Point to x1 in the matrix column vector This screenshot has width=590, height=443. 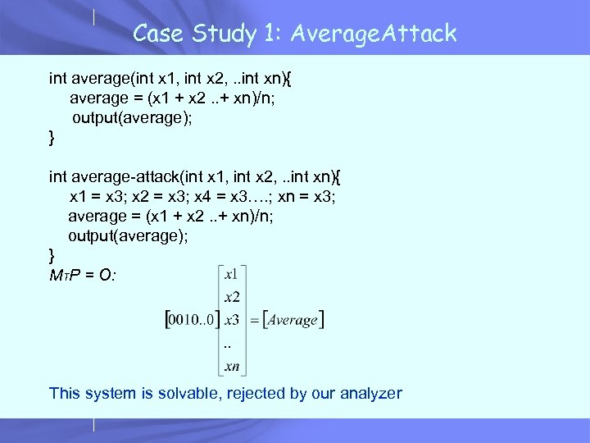click(232, 274)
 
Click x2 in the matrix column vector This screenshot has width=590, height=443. click(232, 297)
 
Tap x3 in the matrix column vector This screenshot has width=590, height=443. click(232, 319)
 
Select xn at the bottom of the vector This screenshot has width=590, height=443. click(232, 365)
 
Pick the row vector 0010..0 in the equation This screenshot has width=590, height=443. click(192, 319)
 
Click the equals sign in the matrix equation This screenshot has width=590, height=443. click(254, 319)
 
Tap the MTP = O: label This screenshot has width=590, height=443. click(82, 275)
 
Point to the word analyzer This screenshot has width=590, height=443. click(370, 393)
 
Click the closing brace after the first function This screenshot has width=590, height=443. click(52, 138)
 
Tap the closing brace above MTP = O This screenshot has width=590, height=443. click(52, 254)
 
